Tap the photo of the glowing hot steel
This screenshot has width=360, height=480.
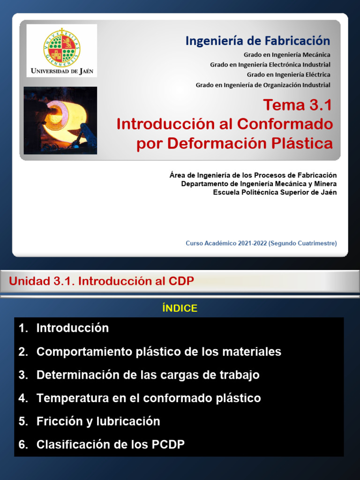(x=60, y=120)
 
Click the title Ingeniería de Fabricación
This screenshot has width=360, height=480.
(x=257, y=41)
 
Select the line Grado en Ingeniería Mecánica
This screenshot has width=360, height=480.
(x=287, y=55)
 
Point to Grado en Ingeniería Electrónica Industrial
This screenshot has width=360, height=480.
(x=270, y=65)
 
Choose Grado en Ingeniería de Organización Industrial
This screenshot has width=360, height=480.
(x=263, y=85)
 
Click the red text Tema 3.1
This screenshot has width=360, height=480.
(x=297, y=105)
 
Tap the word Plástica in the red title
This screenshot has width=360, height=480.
(x=303, y=143)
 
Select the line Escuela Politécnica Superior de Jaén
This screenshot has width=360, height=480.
(x=275, y=192)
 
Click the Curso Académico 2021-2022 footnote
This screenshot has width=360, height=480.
(x=261, y=243)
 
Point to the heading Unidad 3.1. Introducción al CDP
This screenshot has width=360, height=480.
(x=101, y=281)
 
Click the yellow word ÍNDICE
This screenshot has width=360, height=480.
(x=180, y=308)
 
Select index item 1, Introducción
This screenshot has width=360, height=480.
(x=72, y=328)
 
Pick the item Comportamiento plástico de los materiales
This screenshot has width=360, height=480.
(x=158, y=352)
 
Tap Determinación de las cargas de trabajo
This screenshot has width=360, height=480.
(x=148, y=375)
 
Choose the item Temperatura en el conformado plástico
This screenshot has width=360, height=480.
(x=149, y=398)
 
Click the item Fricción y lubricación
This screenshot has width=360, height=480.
(x=98, y=421)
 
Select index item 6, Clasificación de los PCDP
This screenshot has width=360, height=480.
(x=110, y=445)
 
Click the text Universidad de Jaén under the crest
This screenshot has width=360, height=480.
(x=62, y=71)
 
